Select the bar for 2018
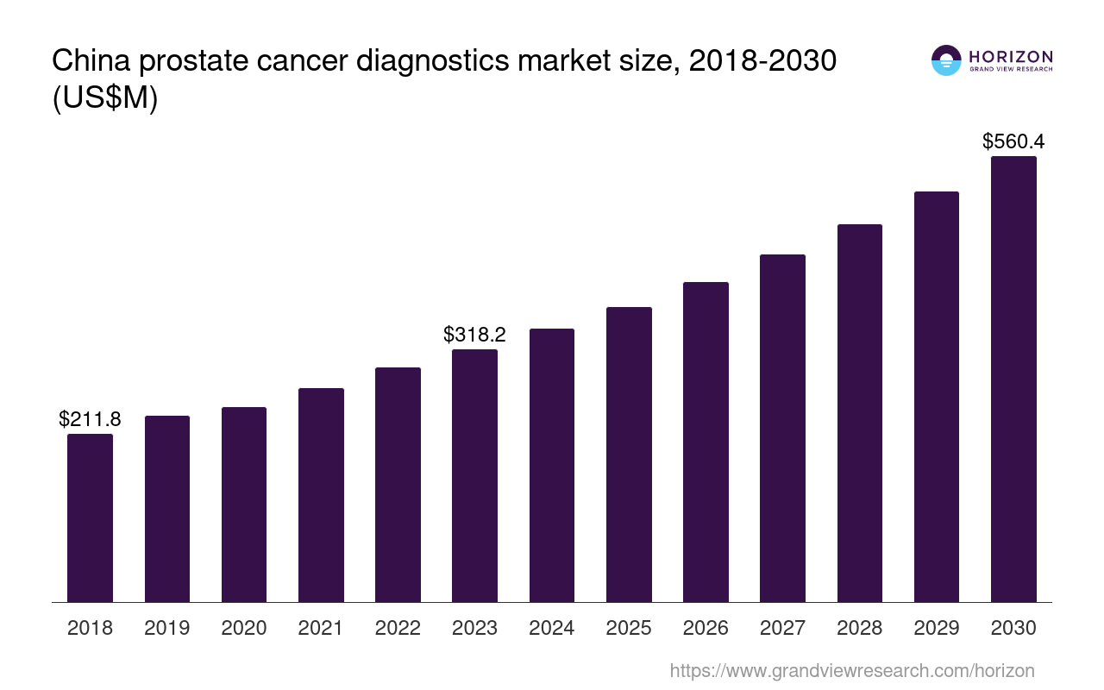pos(90,517)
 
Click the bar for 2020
pos(244,505)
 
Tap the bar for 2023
pos(474,475)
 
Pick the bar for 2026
pos(706,442)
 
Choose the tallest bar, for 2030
pos(1013,379)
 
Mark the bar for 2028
pos(859,413)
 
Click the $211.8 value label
pos(90,419)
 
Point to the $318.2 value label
pos(474,335)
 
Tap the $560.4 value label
pos(1013,141)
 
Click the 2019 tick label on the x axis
pos(167,628)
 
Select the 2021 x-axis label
pos(321,628)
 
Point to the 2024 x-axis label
pos(552,628)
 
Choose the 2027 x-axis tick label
pos(782,628)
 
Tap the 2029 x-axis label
pos(937,628)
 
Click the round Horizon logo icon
pos(945,60)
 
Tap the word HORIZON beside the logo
pos(1011,56)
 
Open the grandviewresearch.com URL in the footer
pos(851,670)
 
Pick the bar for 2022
pos(398,485)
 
